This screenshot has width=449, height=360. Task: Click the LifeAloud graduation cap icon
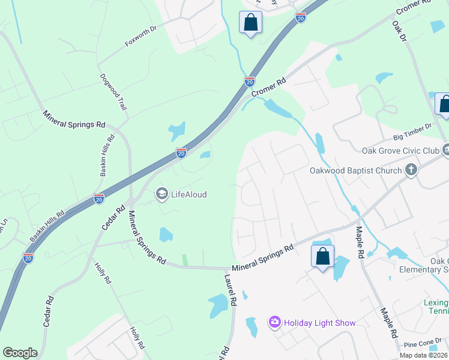point(161,194)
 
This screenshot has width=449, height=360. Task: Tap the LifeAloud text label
point(189,194)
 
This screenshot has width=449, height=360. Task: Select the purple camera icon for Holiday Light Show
point(275,323)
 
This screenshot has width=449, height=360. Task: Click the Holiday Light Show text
point(320,323)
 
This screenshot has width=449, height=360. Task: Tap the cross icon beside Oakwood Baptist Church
point(411,170)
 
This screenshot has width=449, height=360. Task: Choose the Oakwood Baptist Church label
point(355,170)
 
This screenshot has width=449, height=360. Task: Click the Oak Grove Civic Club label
point(400,151)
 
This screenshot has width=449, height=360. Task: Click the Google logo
point(20,353)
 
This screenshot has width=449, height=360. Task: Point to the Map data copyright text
point(423,355)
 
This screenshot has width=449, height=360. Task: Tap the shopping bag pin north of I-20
point(250,23)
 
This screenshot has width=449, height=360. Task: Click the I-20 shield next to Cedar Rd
point(99,198)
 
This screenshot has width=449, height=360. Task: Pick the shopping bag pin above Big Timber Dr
point(444,104)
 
